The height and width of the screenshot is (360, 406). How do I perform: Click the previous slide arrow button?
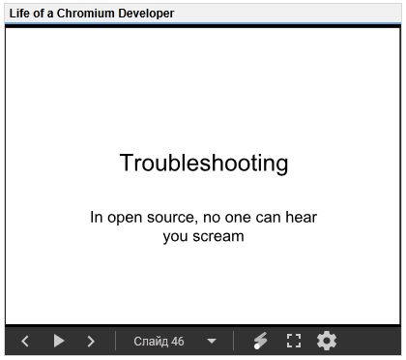pos(25,341)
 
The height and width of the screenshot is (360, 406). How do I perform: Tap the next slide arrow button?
pos(91,341)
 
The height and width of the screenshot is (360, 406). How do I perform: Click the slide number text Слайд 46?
pos(159,342)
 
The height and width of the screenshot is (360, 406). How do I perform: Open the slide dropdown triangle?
pos(212,341)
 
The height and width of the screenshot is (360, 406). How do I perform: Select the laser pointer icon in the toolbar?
pos(260,341)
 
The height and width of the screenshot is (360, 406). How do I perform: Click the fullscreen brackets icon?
pos(294,341)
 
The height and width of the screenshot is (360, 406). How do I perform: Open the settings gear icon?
pos(327,341)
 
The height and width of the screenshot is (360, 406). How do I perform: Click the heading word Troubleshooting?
pos(204,164)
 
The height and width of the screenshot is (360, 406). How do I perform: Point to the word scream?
pos(218,236)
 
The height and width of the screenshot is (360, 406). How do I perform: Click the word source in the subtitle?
pos(172,218)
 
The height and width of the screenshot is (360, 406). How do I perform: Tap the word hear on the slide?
pos(302,217)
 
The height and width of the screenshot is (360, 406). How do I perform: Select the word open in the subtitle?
pos(125,219)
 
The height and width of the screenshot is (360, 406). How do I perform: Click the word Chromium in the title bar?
pos(86,14)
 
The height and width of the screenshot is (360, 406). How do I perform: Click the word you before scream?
pos(176,237)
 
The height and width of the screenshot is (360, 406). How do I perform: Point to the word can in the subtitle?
pos(269,218)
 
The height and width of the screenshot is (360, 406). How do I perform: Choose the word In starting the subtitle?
pos(97,217)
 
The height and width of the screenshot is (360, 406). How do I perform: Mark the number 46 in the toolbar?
pos(178,342)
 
